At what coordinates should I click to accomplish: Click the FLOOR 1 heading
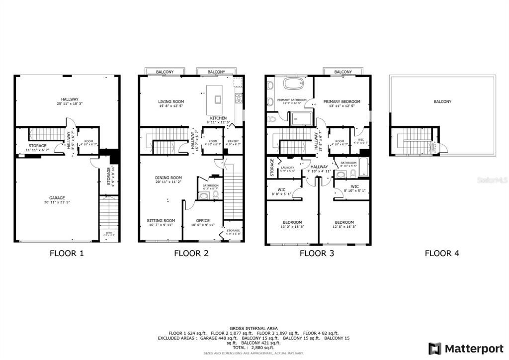pyautogui.click(x=67, y=253)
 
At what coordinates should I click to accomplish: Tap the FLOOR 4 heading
pyautogui.click(x=442, y=253)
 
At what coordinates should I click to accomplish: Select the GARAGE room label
pyautogui.click(x=57, y=197)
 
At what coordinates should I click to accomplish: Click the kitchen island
pyautogui.click(x=217, y=98)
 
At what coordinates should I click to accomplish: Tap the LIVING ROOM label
pyautogui.click(x=171, y=102)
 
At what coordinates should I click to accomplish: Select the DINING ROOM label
pyautogui.click(x=169, y=178)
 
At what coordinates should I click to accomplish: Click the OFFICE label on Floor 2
pyautogui.click(x=202, y=220)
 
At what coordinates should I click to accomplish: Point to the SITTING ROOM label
pyautogui.click(x=161, y=220)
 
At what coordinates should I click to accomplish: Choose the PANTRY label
pyautogui.click(x=233, y=141)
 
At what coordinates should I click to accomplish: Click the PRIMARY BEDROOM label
pyautogui.click(x=341, y=102)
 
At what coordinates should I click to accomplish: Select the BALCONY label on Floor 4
pyautogui.click(x=442, y=102)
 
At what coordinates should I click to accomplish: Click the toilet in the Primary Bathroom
pyautogui.click(x=272, y=120)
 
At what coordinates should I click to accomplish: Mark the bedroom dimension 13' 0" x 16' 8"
pyautogui.click(x=292, y=226)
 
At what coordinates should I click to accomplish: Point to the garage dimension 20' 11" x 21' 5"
pyautogui.click(x=57, y=202)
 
